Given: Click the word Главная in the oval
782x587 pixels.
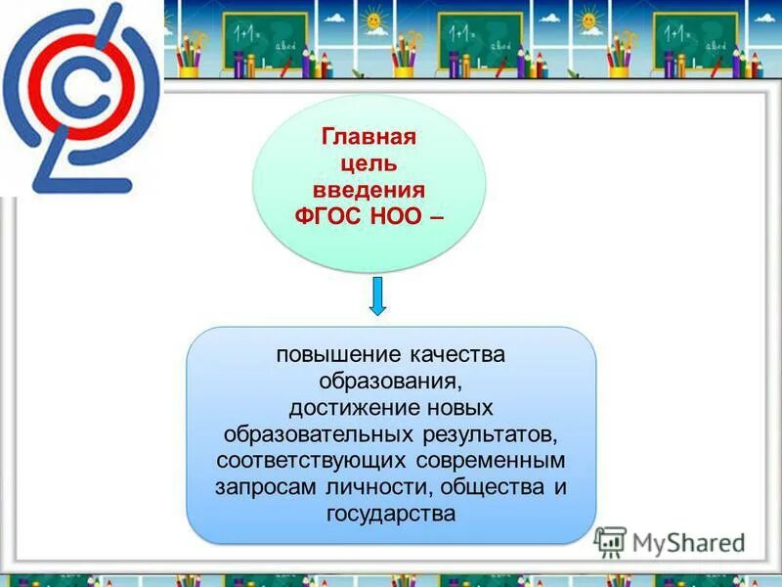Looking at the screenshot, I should (369, 136).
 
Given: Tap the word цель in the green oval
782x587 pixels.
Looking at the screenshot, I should (369, 162).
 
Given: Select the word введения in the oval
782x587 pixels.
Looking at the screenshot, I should (369, 189).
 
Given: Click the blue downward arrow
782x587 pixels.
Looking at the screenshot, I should (378, 296).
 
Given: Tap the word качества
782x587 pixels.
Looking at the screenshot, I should (454, 354).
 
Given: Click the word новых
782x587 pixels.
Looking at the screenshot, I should (459, 407).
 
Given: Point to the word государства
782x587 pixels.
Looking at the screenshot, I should (391, 513).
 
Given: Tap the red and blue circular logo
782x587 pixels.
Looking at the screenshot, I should (80, 98).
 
